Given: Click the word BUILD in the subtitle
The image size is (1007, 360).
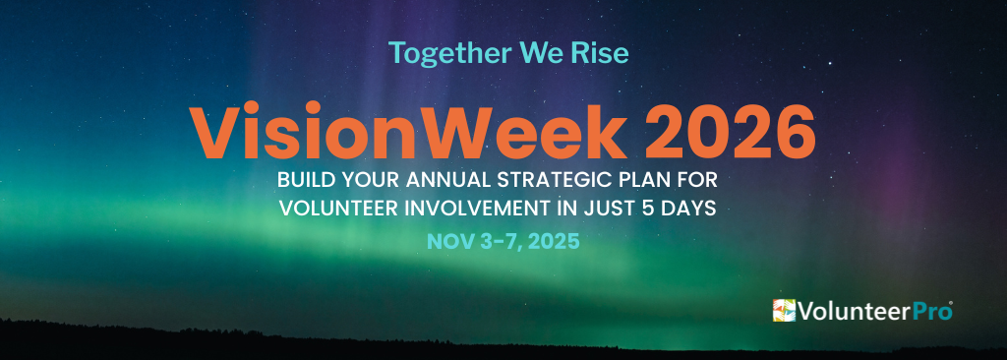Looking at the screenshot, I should (x=308, y=182).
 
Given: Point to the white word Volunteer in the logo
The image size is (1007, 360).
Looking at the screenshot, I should (x=852, y=312).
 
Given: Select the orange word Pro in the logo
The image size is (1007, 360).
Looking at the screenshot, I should (x=928, y=312).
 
